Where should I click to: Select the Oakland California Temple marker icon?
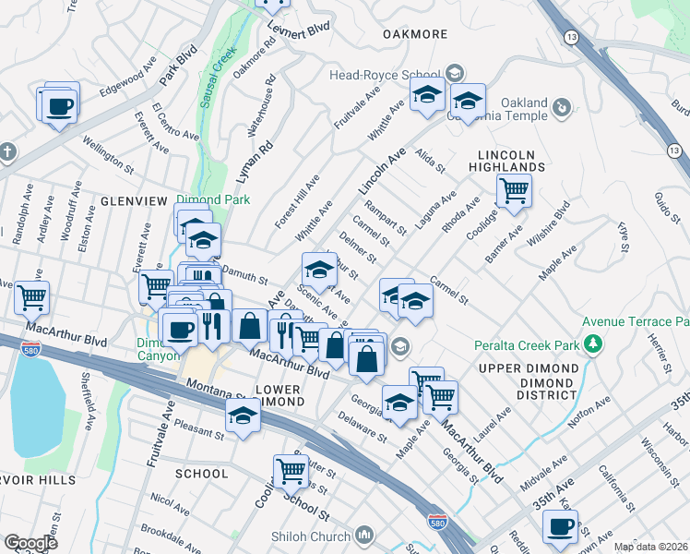click(x=560, y=109)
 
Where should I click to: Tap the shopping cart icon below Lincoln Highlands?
click(x=514, y=191)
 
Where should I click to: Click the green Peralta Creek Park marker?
click(x=593, y=345)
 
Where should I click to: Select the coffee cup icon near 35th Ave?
click(x=560, y=526)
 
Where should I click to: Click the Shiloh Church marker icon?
click(x=365, y=536)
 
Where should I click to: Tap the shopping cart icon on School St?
click(x=291, y=471)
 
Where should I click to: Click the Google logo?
click(x=30, y=543)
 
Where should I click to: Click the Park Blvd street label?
click(x=179, y=63)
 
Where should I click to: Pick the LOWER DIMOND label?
click(x=279, y=396)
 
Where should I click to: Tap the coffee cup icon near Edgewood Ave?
click(x=60, y=104)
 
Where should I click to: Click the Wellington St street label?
click(x=109, y=153)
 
